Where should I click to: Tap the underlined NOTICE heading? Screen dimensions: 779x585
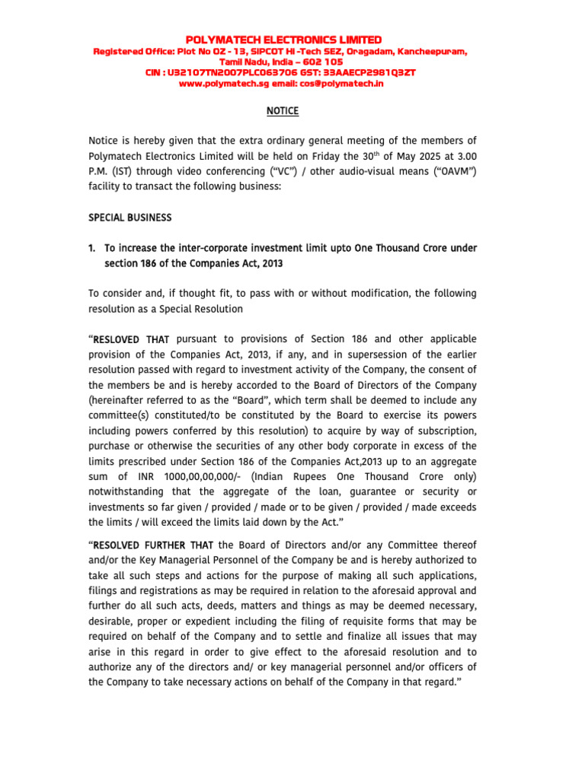pos(282,111)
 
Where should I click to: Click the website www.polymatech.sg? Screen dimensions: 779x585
pos(221,83)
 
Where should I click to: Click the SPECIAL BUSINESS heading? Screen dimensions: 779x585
pos(130,218)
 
